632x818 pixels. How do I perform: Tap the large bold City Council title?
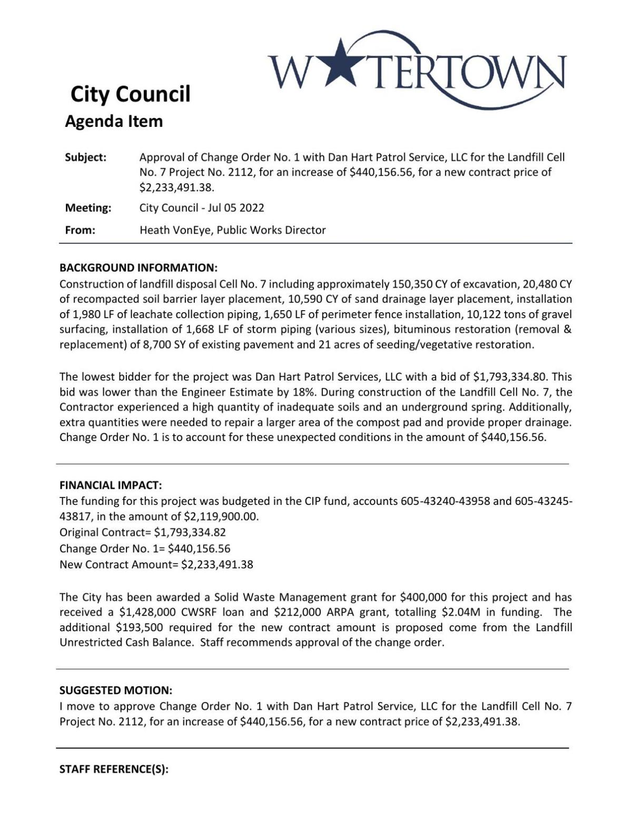pos(130,94)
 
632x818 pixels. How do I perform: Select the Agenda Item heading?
pos(114,122)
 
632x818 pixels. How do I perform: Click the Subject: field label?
pos(85,157)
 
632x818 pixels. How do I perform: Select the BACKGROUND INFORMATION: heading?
pos(138,267)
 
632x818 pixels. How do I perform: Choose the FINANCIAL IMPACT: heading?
pos(111,485)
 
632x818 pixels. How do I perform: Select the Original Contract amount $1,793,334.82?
pos(190,532)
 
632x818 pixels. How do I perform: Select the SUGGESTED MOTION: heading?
pos(115,690)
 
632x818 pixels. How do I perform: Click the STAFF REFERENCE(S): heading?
pos(114,769)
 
